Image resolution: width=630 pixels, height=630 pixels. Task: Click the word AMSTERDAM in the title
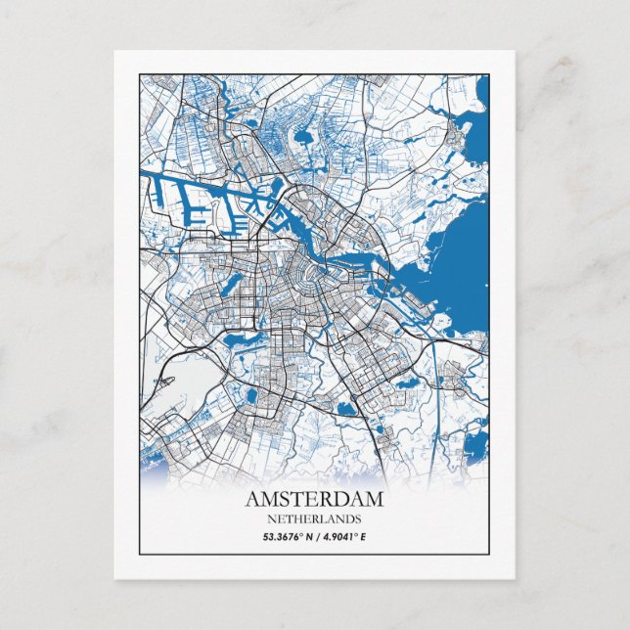point(314,499)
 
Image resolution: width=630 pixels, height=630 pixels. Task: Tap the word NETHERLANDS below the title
point(314,518)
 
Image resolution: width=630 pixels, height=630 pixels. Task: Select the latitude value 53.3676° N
point(287,536)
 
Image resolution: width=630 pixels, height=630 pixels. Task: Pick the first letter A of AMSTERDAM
point(252,499)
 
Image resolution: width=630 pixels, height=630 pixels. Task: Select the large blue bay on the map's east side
point(460,264)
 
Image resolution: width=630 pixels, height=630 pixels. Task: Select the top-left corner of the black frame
point(139,74)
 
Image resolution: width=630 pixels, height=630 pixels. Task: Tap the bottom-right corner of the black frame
point(488,554)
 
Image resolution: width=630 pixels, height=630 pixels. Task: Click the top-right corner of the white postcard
point(515,51)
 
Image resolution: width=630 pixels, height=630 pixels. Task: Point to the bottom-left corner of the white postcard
point(114,578)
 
